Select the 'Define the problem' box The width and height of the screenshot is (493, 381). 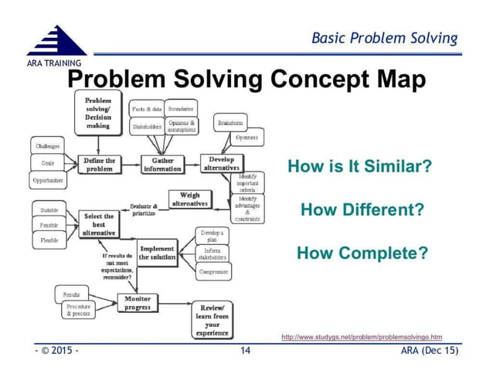click(99, 165)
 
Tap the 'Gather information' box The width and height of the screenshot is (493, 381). click(162, 165)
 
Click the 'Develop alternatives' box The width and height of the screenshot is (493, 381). click(222, 163)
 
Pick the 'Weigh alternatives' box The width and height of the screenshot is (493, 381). click(189, 199)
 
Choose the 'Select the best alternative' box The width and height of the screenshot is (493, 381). click(99, 224)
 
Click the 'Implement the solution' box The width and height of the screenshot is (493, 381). click(157, 253)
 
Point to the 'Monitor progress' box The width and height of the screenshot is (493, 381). click(138, 302)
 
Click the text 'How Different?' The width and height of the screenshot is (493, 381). click(362, 209)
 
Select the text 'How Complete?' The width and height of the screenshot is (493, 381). click(362, 253)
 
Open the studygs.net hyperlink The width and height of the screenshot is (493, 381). click(362, 337)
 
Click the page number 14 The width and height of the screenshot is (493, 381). click(246, 352)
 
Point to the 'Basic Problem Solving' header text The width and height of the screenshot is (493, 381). click(384, 38)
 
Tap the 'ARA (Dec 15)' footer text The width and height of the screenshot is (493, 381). click(430, 352)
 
